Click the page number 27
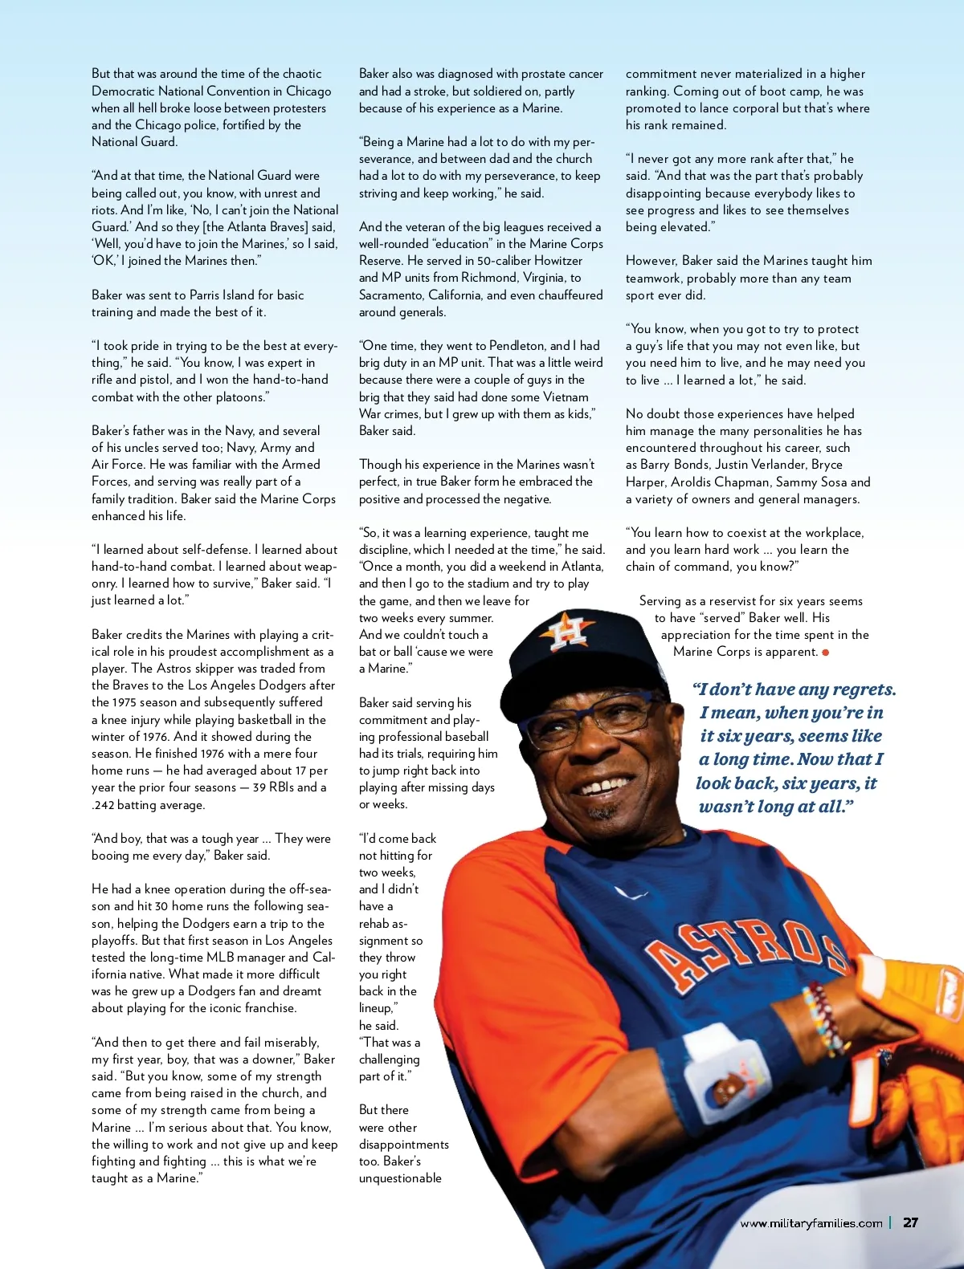(910, 1222)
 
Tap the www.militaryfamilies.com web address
(811, 1223)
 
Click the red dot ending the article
(826, 653)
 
